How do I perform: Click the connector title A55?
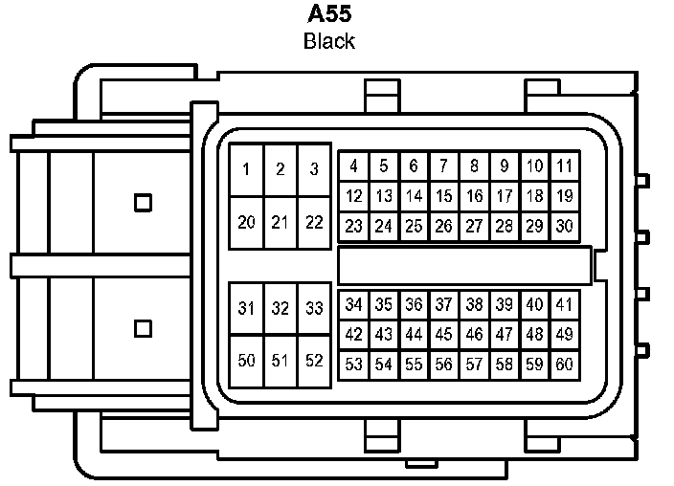[328, 15]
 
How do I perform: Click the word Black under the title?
[328, 41]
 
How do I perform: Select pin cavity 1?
[247, 170]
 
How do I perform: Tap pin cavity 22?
[314, 223]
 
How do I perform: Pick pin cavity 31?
[247, 308]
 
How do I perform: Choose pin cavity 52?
[314, 361]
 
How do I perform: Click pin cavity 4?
[353, 166]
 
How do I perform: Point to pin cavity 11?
[565, 166]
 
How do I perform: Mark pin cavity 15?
[443, 196]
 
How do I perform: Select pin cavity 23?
[353, 227]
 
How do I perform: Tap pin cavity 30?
[565, 227]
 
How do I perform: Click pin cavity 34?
[353, 305]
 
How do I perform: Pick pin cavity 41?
[565, 305]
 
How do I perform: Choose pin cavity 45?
[443, 335]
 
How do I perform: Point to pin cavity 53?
[353, 364]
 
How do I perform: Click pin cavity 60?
[565, 364]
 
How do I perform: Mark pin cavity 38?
[474, 305]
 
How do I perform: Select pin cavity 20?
[247, 223]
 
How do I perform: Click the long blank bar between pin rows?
[465, 264]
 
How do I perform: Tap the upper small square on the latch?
[144, 202]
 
